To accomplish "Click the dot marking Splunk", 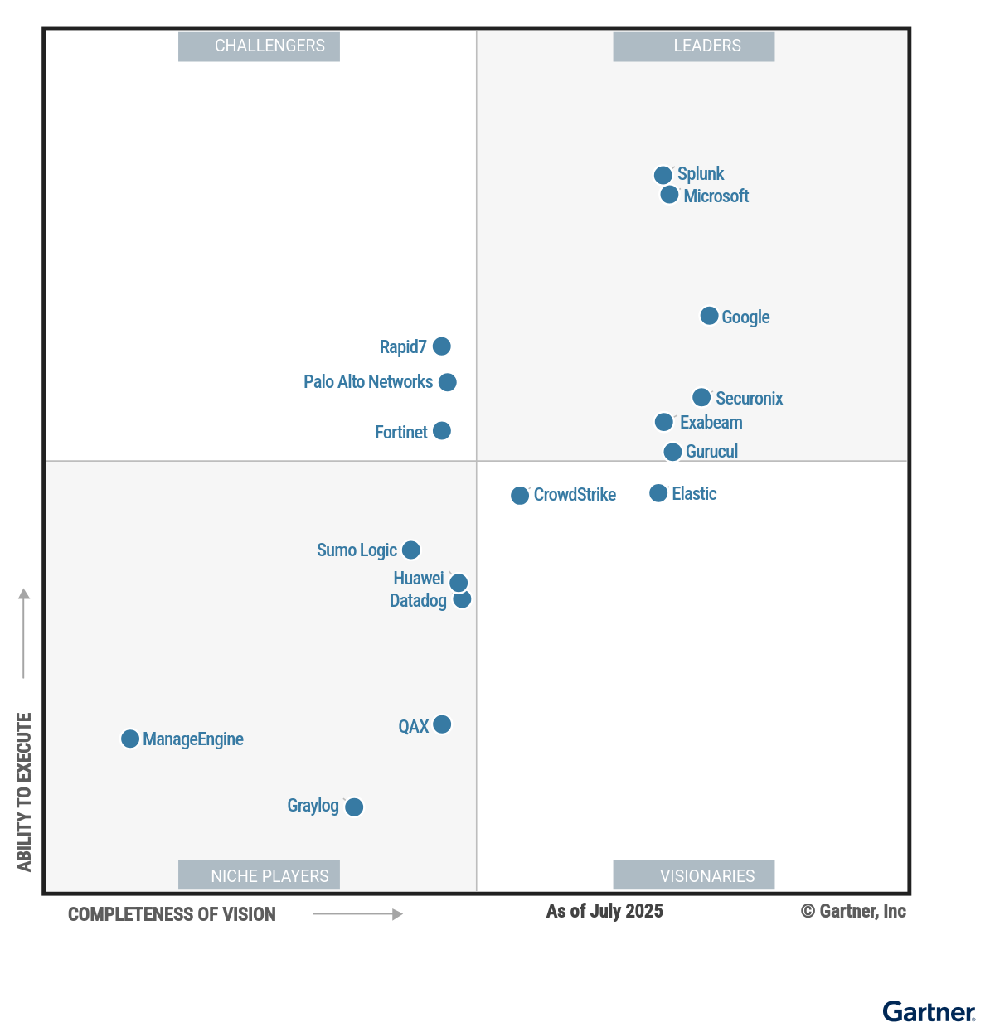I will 663,175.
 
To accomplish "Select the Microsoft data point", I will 669,195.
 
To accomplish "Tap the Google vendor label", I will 745,317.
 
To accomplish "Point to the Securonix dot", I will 701,397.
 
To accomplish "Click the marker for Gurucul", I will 672,452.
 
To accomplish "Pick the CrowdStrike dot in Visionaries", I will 520,496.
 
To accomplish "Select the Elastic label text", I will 694,494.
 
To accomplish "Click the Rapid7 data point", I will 442,346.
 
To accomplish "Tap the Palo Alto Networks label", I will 368,382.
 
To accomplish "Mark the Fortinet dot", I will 442,431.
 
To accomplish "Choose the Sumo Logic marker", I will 411,550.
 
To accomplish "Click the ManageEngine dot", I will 130,739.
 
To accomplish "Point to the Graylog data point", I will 354,807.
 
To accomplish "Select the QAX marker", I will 442,724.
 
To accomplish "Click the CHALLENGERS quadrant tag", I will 259,46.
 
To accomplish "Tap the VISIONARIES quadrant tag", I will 694,875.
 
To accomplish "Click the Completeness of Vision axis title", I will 172,914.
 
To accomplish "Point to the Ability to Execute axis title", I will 24,792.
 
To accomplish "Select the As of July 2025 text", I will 604,911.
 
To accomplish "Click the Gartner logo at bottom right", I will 929,1011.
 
